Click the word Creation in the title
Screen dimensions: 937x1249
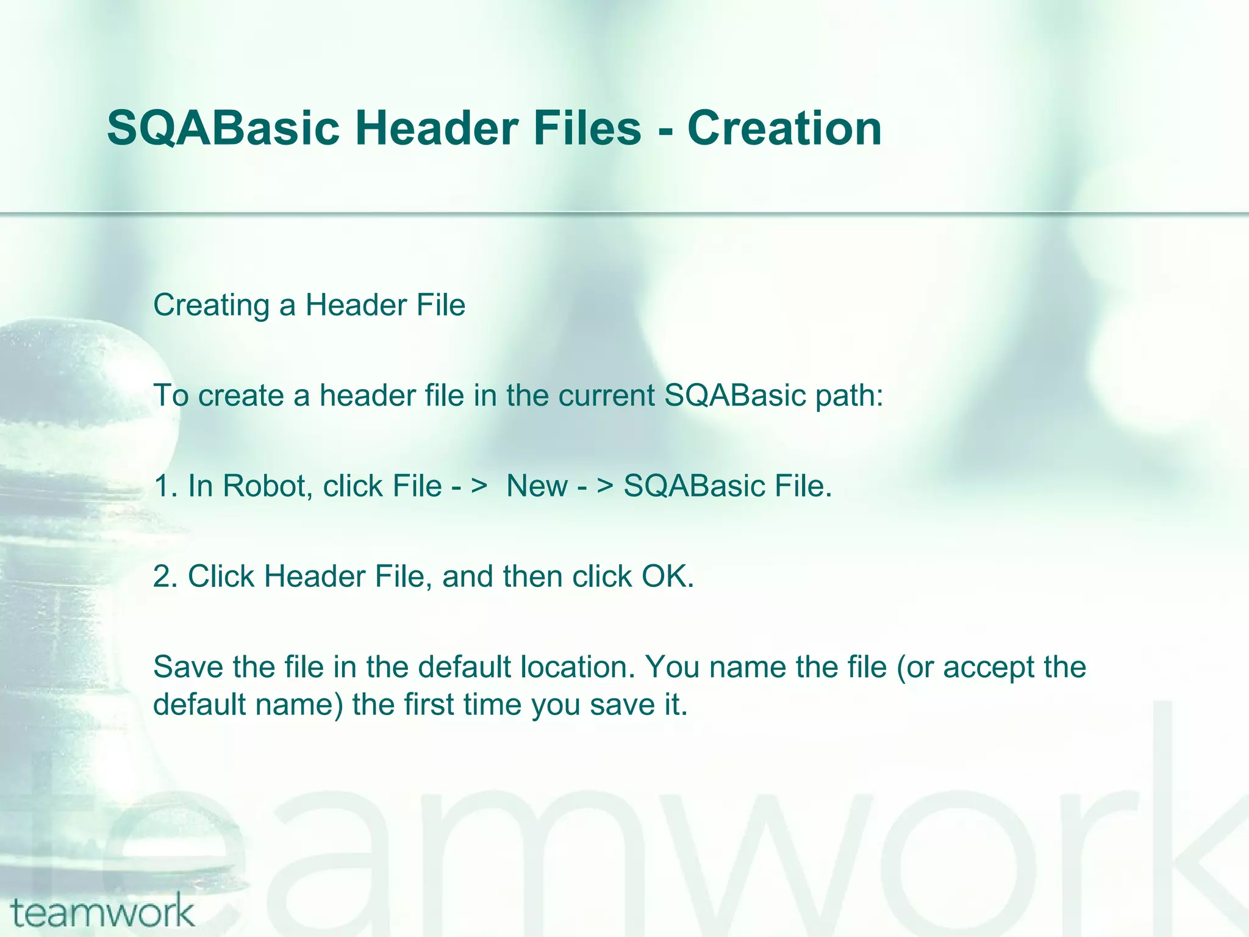click(784, 129)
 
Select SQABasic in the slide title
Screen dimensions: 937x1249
click(223, 129)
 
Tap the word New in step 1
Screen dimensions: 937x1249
click(537, 486)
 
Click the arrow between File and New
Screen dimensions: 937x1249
click(470, 486)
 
